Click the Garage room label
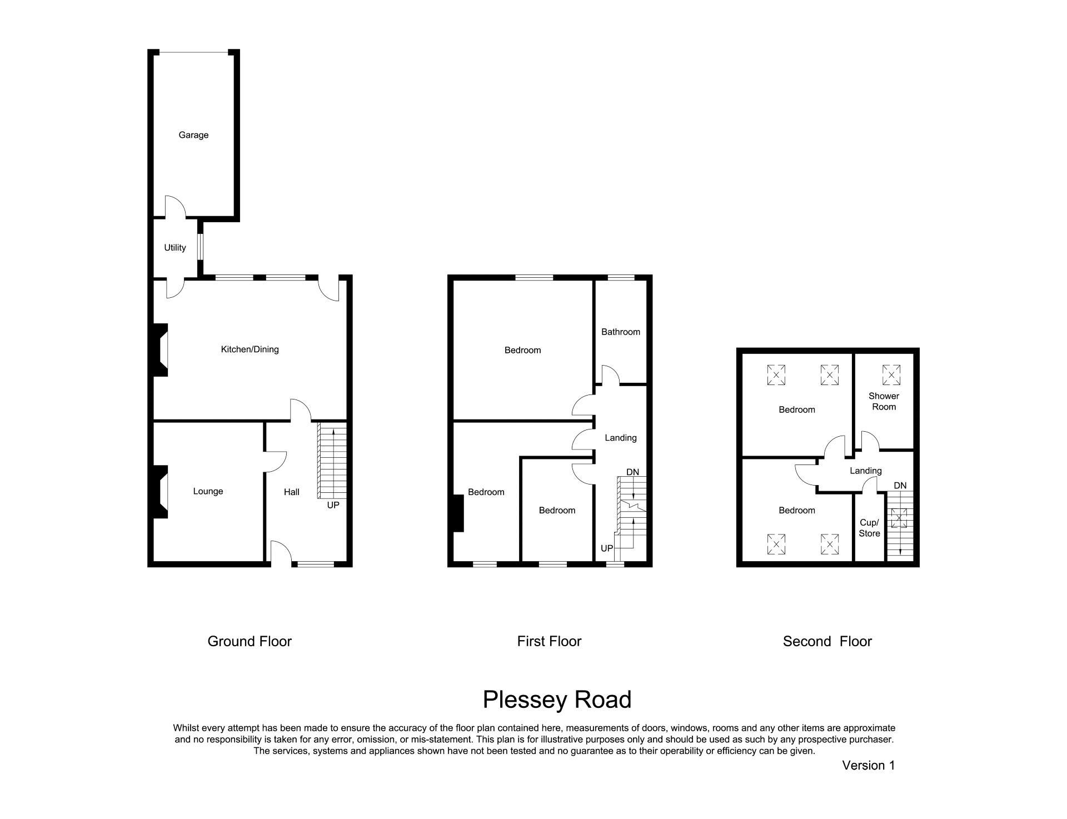coord(193,135)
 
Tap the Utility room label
coord(174,248)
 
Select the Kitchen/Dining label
coord(250,349)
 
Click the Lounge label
coord(208,491)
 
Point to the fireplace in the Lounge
coord(159,492)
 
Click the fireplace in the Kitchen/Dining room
coord(159,350)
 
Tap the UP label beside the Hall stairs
coord(333,505)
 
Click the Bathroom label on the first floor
coord(620,332)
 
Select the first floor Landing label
coord(620,438)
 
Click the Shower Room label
coord(884,401)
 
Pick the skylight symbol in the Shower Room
coord(891,374)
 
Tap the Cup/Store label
coord(869,528)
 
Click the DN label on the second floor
coord(900,486)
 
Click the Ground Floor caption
coord(250,641)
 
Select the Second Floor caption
coord(827,641)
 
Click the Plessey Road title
coord(557,700)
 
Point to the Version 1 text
coord(868,765)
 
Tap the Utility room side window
coord(201,247)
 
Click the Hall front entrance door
coord(281,553)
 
